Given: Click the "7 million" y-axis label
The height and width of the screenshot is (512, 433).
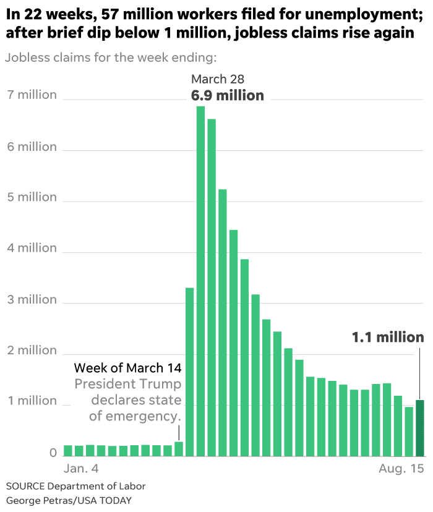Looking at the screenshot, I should [32, 95].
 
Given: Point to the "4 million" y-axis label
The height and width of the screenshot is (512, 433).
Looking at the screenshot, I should [32, 248].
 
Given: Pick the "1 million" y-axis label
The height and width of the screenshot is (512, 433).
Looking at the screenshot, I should [32, 401].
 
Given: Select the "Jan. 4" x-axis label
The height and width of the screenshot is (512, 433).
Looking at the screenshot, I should [82, 469].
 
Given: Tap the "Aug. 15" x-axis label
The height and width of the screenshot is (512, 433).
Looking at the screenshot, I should [401, 469].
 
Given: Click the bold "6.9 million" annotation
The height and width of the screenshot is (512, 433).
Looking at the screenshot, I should [227, 95].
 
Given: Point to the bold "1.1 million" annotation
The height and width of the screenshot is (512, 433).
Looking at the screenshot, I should [388, 338].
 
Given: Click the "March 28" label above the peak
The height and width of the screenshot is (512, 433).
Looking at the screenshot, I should [218, 79].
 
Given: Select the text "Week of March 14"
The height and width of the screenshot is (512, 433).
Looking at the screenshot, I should [127, 369].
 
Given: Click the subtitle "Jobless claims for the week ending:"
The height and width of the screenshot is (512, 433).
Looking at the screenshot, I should [111, 58].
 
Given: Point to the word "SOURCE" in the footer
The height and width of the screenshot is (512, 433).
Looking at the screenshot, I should [27, 486].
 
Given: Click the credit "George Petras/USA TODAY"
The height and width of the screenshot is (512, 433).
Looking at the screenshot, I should [69, 500].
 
